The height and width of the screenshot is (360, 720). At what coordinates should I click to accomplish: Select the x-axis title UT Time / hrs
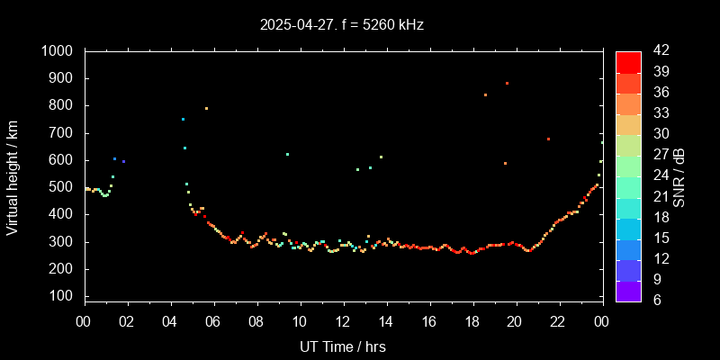pos(342,346)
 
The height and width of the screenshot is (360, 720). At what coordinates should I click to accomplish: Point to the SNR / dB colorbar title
pos(679,175)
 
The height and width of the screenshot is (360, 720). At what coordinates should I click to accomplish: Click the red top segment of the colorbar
pos(628,61)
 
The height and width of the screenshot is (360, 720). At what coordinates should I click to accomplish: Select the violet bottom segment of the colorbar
pos(628,290)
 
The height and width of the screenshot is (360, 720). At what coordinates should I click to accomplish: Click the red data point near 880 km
pos(507,83)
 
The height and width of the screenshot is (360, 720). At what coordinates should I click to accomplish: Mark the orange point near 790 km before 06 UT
pos(206,108)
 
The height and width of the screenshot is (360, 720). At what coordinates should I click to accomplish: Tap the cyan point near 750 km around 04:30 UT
pos(183,119)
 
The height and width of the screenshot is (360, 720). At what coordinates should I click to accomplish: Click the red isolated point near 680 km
pos(548,139)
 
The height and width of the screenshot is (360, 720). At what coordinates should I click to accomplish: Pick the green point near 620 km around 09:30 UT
pos(287,154)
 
